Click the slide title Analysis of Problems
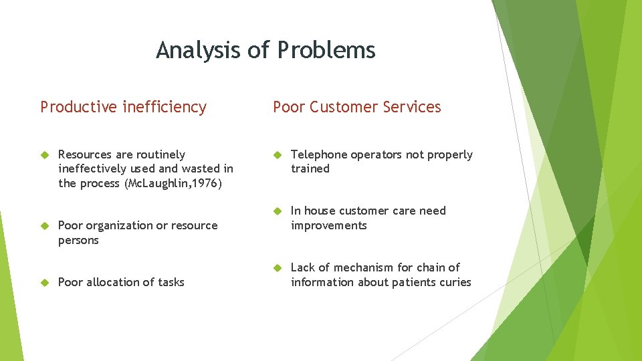[x=265, y=50]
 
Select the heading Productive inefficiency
[x=123, y=107]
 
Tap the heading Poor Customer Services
[x=357, y=107]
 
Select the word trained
[x=310, y=169]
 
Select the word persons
[x=78, y=240]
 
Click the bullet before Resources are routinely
[x=45, y=155]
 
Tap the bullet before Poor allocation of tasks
[x=45, y=283]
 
